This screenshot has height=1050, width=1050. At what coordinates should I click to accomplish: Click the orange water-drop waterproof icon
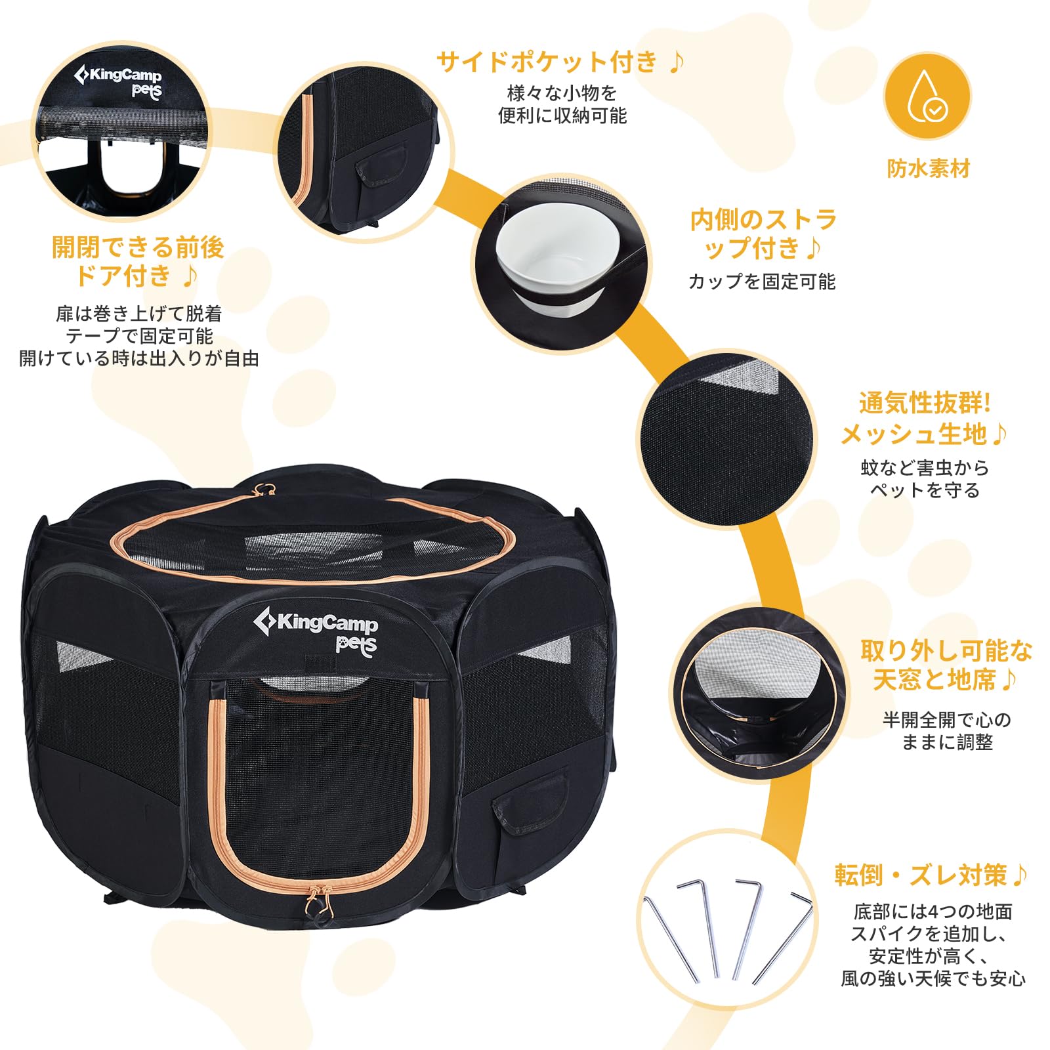click(927, 96)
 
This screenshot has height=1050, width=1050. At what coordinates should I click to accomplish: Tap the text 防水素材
click(928, 169)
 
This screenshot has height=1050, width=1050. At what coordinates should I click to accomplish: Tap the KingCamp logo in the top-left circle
click(119, 81)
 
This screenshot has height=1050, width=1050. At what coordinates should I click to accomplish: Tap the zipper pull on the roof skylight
click(265, 489)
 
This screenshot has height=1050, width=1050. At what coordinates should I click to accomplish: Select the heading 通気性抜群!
click(925, 403)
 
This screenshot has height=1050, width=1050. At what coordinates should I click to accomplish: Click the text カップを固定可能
click(761, 282)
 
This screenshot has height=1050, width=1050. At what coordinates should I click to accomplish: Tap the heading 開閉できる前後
click(138, 247)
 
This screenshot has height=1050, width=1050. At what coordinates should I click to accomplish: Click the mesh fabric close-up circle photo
click(728, 438)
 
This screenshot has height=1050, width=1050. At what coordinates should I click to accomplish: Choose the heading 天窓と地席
click(935, 680)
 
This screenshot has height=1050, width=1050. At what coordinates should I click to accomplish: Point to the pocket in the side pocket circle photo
click(381, 167)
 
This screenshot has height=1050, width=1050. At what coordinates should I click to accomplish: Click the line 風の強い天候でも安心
click(933, 978)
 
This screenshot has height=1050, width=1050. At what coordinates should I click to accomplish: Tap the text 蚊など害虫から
click(924, 468)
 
